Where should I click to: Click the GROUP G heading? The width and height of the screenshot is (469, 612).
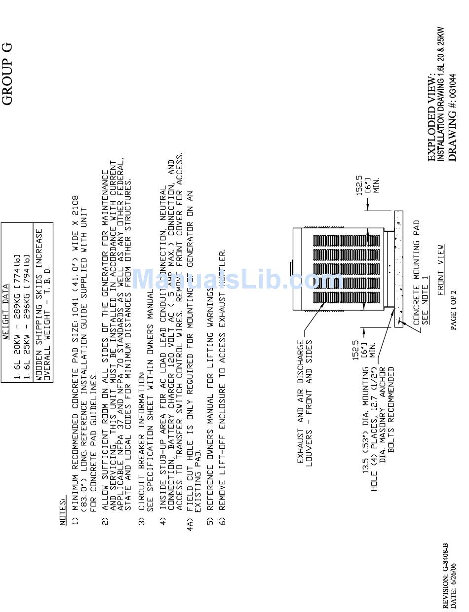click(x=7, y=74)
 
